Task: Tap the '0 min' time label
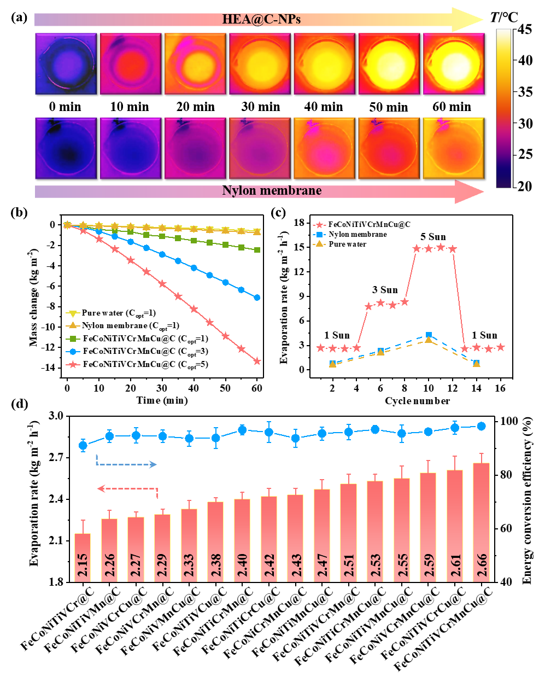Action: [65, 107]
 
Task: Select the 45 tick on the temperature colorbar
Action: [525, 30]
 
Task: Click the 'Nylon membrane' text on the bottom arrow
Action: [272, 191]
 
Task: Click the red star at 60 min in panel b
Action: [257, 361]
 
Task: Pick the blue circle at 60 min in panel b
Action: [257, 298]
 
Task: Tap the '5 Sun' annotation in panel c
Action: [433, 237]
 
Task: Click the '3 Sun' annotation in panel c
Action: [385, 290]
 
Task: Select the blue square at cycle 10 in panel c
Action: [429, 335]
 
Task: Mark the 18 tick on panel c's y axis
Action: [299, 223]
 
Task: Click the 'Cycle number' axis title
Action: [417, 401]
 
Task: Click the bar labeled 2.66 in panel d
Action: [481, 522]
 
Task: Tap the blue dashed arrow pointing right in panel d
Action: [127, 464]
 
